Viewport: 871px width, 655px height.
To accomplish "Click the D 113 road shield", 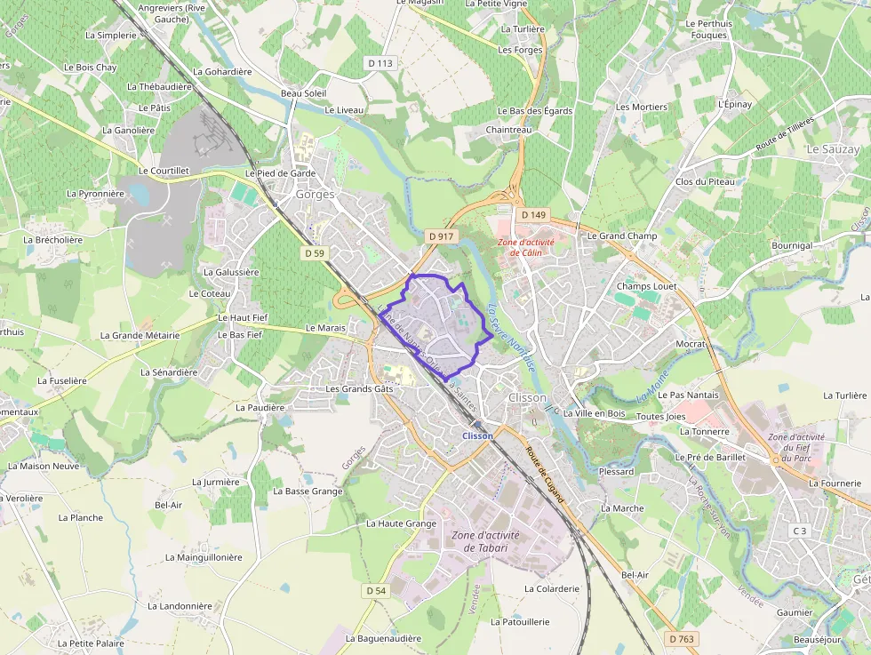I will tap(380, 63).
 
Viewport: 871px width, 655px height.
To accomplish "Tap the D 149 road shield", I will tap(534, 215).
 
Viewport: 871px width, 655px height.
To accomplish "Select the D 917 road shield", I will tap(440, 236).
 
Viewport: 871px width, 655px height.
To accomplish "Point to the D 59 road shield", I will tap(315, 253).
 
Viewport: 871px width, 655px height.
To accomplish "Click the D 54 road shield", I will tap(376, 591).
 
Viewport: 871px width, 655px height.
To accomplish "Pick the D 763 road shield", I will tap(681, 639).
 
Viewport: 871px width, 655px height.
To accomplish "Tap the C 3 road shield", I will tap(801, 531).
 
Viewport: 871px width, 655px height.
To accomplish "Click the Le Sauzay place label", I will tap(833, 150).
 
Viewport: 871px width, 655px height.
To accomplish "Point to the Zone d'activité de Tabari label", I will tap(485, 541).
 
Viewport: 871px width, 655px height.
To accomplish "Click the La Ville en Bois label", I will tap(595, 413).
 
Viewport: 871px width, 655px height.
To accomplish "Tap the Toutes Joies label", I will tap(662, 416).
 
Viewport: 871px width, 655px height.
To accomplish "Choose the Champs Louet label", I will tap(646, 286).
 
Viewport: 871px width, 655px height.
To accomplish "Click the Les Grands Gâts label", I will tap(359, 388).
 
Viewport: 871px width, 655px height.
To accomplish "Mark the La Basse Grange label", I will tap(308, 491).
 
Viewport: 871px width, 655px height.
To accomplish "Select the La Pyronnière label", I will tap(95, 193).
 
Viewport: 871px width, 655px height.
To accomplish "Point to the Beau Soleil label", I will tap(304, 93).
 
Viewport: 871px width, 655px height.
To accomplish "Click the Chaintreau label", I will tap(509, 130).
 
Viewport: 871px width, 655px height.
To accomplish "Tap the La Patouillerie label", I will tap(521, 622).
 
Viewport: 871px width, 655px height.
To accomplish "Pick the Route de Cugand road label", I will tap(544, 475).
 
